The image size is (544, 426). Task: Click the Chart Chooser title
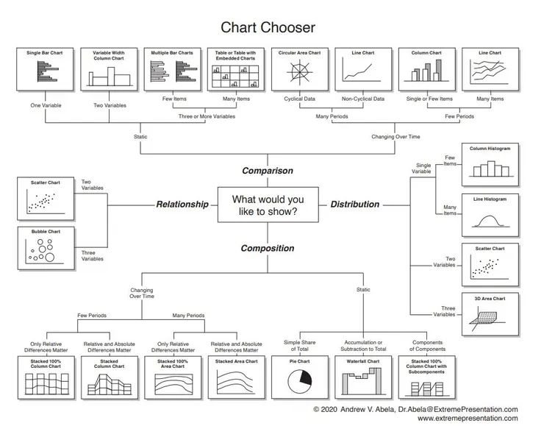pos(268,28)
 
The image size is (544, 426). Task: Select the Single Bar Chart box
pos(45,69)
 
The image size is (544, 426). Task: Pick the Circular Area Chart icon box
pos(299,69)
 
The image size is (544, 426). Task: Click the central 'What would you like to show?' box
pos(268,205)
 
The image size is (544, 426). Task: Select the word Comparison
pos(268,171)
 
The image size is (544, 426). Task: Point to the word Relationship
pos(182,205)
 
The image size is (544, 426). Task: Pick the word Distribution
pos(355,205)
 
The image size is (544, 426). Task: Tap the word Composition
pos(268,249)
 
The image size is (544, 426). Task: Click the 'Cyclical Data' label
pos(300,99)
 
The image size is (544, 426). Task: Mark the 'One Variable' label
pos(46,106)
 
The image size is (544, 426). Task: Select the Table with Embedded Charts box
pos(235,69)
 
